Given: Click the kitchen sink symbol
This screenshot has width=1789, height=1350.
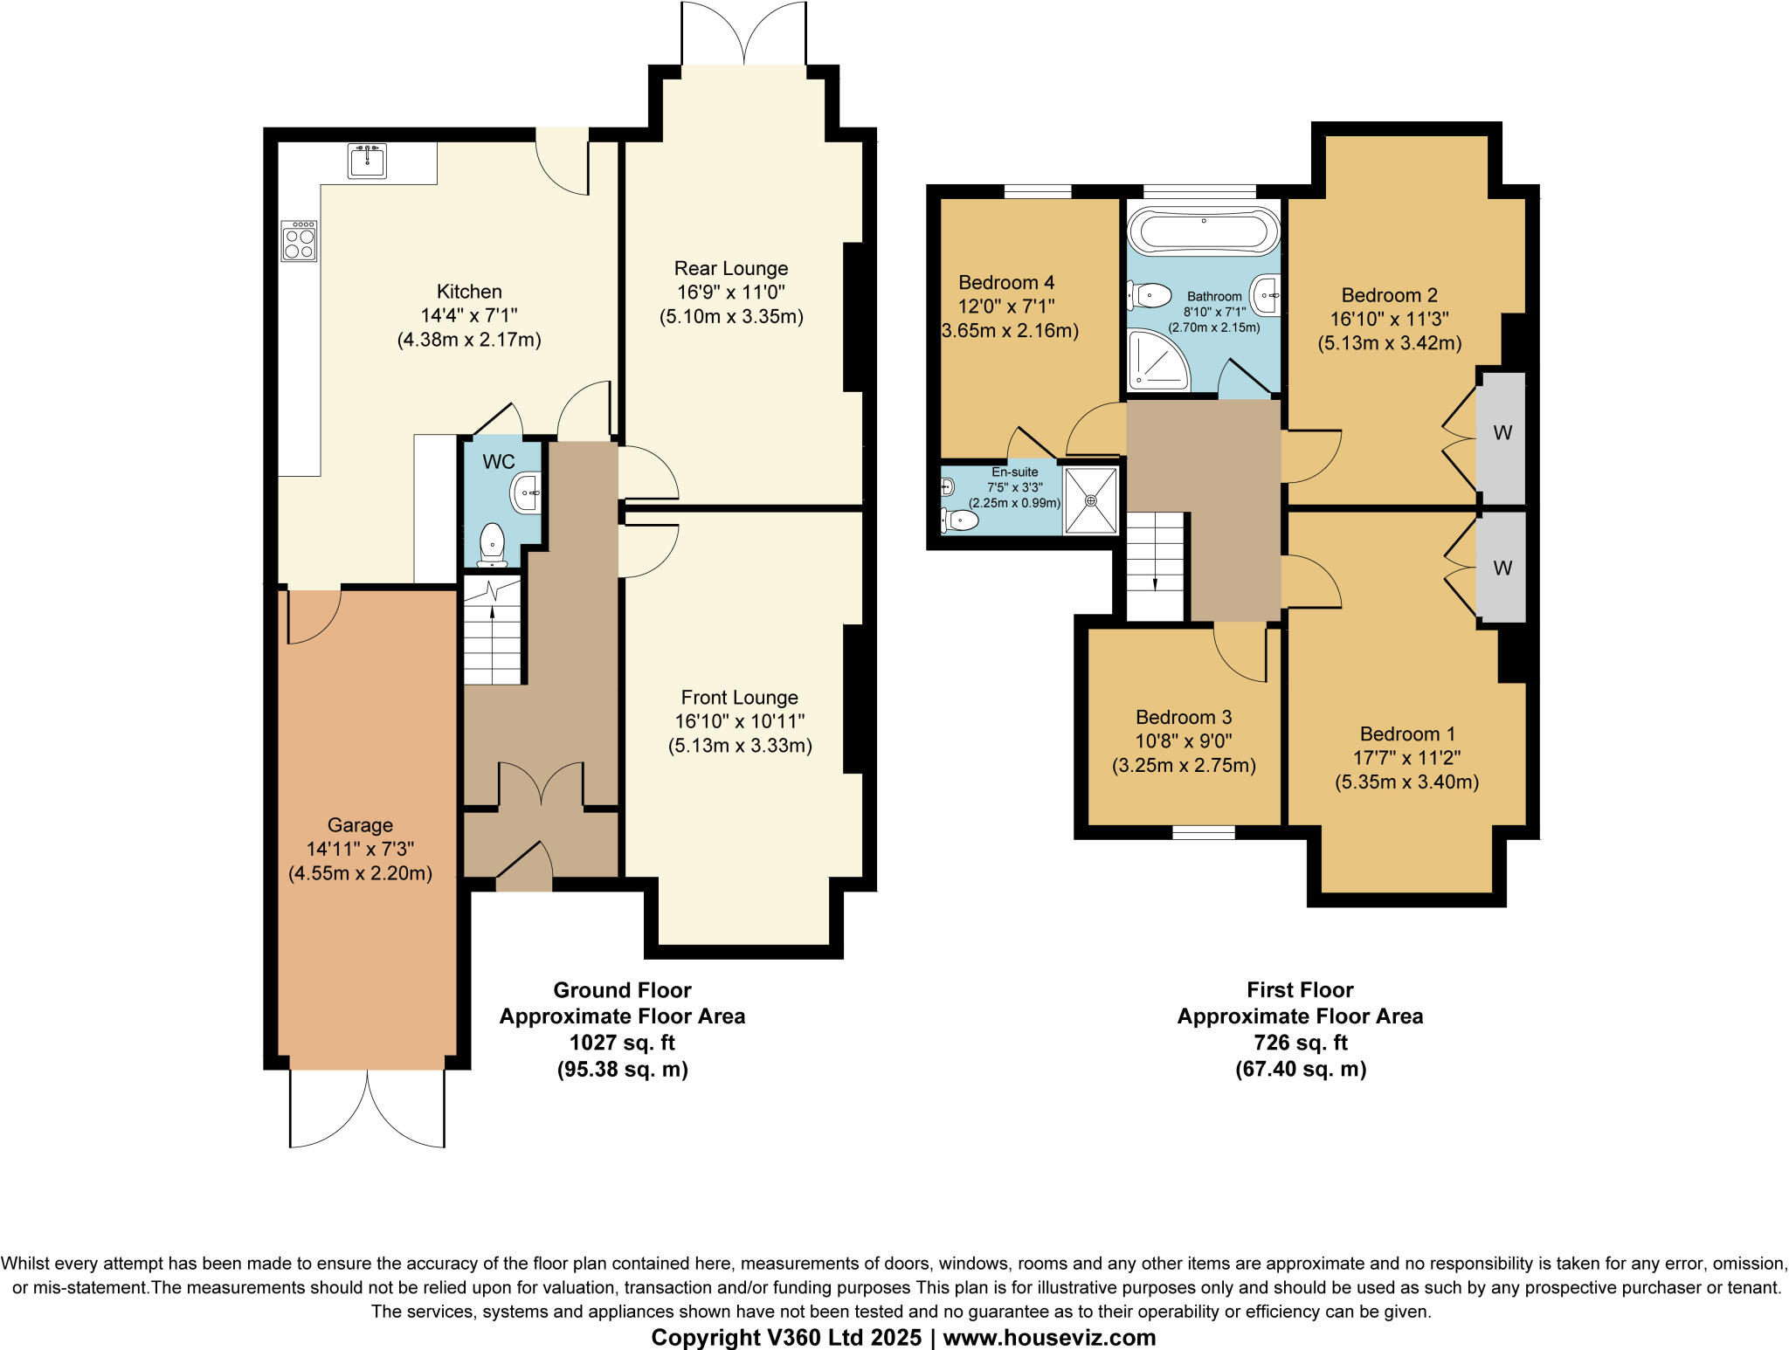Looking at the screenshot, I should (x=367, y=162).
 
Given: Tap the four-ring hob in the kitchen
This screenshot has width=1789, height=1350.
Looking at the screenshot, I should (x=300, y=242).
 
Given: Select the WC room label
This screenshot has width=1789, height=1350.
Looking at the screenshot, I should (x=499, y=462).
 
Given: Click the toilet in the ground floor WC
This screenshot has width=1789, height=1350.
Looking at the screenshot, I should (x=493, y=543).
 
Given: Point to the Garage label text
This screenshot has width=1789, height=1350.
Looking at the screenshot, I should (x=360, y=825).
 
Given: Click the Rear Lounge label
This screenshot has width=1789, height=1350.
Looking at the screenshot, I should (x=731, y=269).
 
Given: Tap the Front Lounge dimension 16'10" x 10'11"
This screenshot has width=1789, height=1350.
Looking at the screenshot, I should (x=740, y=722).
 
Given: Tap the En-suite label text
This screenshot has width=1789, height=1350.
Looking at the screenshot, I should (x=1014, y=472).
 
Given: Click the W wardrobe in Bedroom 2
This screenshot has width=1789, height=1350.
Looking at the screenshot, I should (x=1502, y=433).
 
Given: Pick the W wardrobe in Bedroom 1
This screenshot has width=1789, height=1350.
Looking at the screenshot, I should (x=1502, y=568).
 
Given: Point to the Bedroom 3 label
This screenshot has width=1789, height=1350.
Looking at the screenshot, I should (x=1184, y=718).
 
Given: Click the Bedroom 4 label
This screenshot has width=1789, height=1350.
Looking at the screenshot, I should (x=1006, y=283).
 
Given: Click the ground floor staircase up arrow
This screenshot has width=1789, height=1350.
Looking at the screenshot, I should (x=493, y=612).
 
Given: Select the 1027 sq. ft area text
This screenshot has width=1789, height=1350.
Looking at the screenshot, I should (x=622, y=1043).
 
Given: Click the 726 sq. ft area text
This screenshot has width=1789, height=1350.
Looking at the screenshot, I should (x=1300, y=1043).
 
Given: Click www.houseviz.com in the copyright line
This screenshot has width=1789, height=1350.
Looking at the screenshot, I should (x=1049, y=1337).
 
